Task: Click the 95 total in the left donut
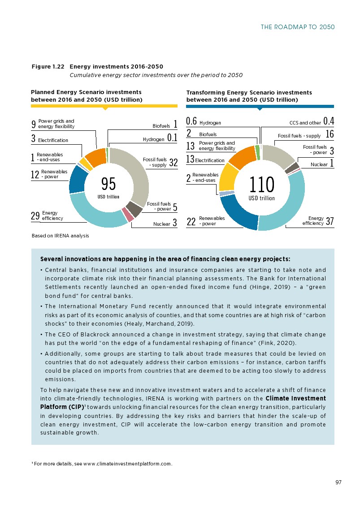click(x=108, y=184)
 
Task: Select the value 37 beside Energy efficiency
click(x=330, y=221)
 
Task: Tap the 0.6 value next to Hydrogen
click(x=191, y=121)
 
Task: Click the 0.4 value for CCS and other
click(x=329, y=121)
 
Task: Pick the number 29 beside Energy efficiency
click(x=35, y=216)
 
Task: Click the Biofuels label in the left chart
click(x=161, y=126)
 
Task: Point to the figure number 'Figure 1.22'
click(x=48, y=67)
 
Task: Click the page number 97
click(x=338, y=482)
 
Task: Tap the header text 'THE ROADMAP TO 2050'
click(x=298, y=27)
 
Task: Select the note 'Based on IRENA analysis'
click(x=61, y=236)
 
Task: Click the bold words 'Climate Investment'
click(x=296, y=398)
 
